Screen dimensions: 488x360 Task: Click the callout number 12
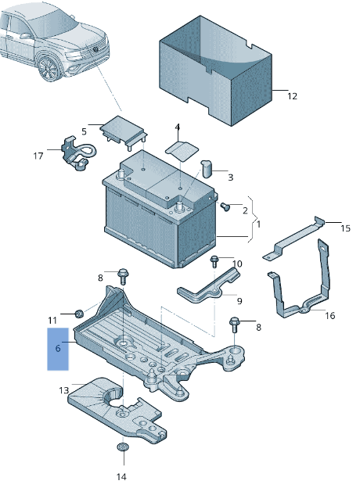point(292,97)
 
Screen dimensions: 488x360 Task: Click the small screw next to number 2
point(225,207)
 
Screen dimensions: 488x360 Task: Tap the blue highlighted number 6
point(58,350)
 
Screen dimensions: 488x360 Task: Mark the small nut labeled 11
point(79,314)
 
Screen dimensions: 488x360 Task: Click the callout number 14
point(121,476)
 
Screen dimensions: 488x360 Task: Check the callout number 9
point(239,300)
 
